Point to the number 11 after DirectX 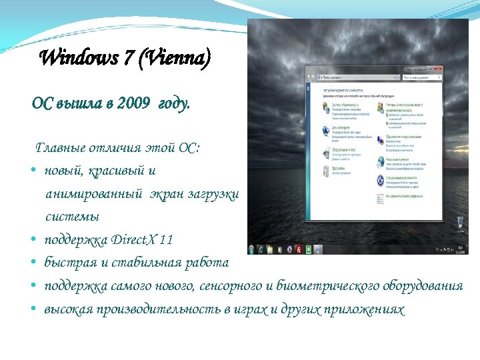tap(167, 239)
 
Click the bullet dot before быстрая tap(33, 263)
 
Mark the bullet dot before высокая tap(33, 310)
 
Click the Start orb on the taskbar tap(252, 249)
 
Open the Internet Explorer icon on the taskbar tap(261, 249)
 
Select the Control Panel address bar tap(353, 78)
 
